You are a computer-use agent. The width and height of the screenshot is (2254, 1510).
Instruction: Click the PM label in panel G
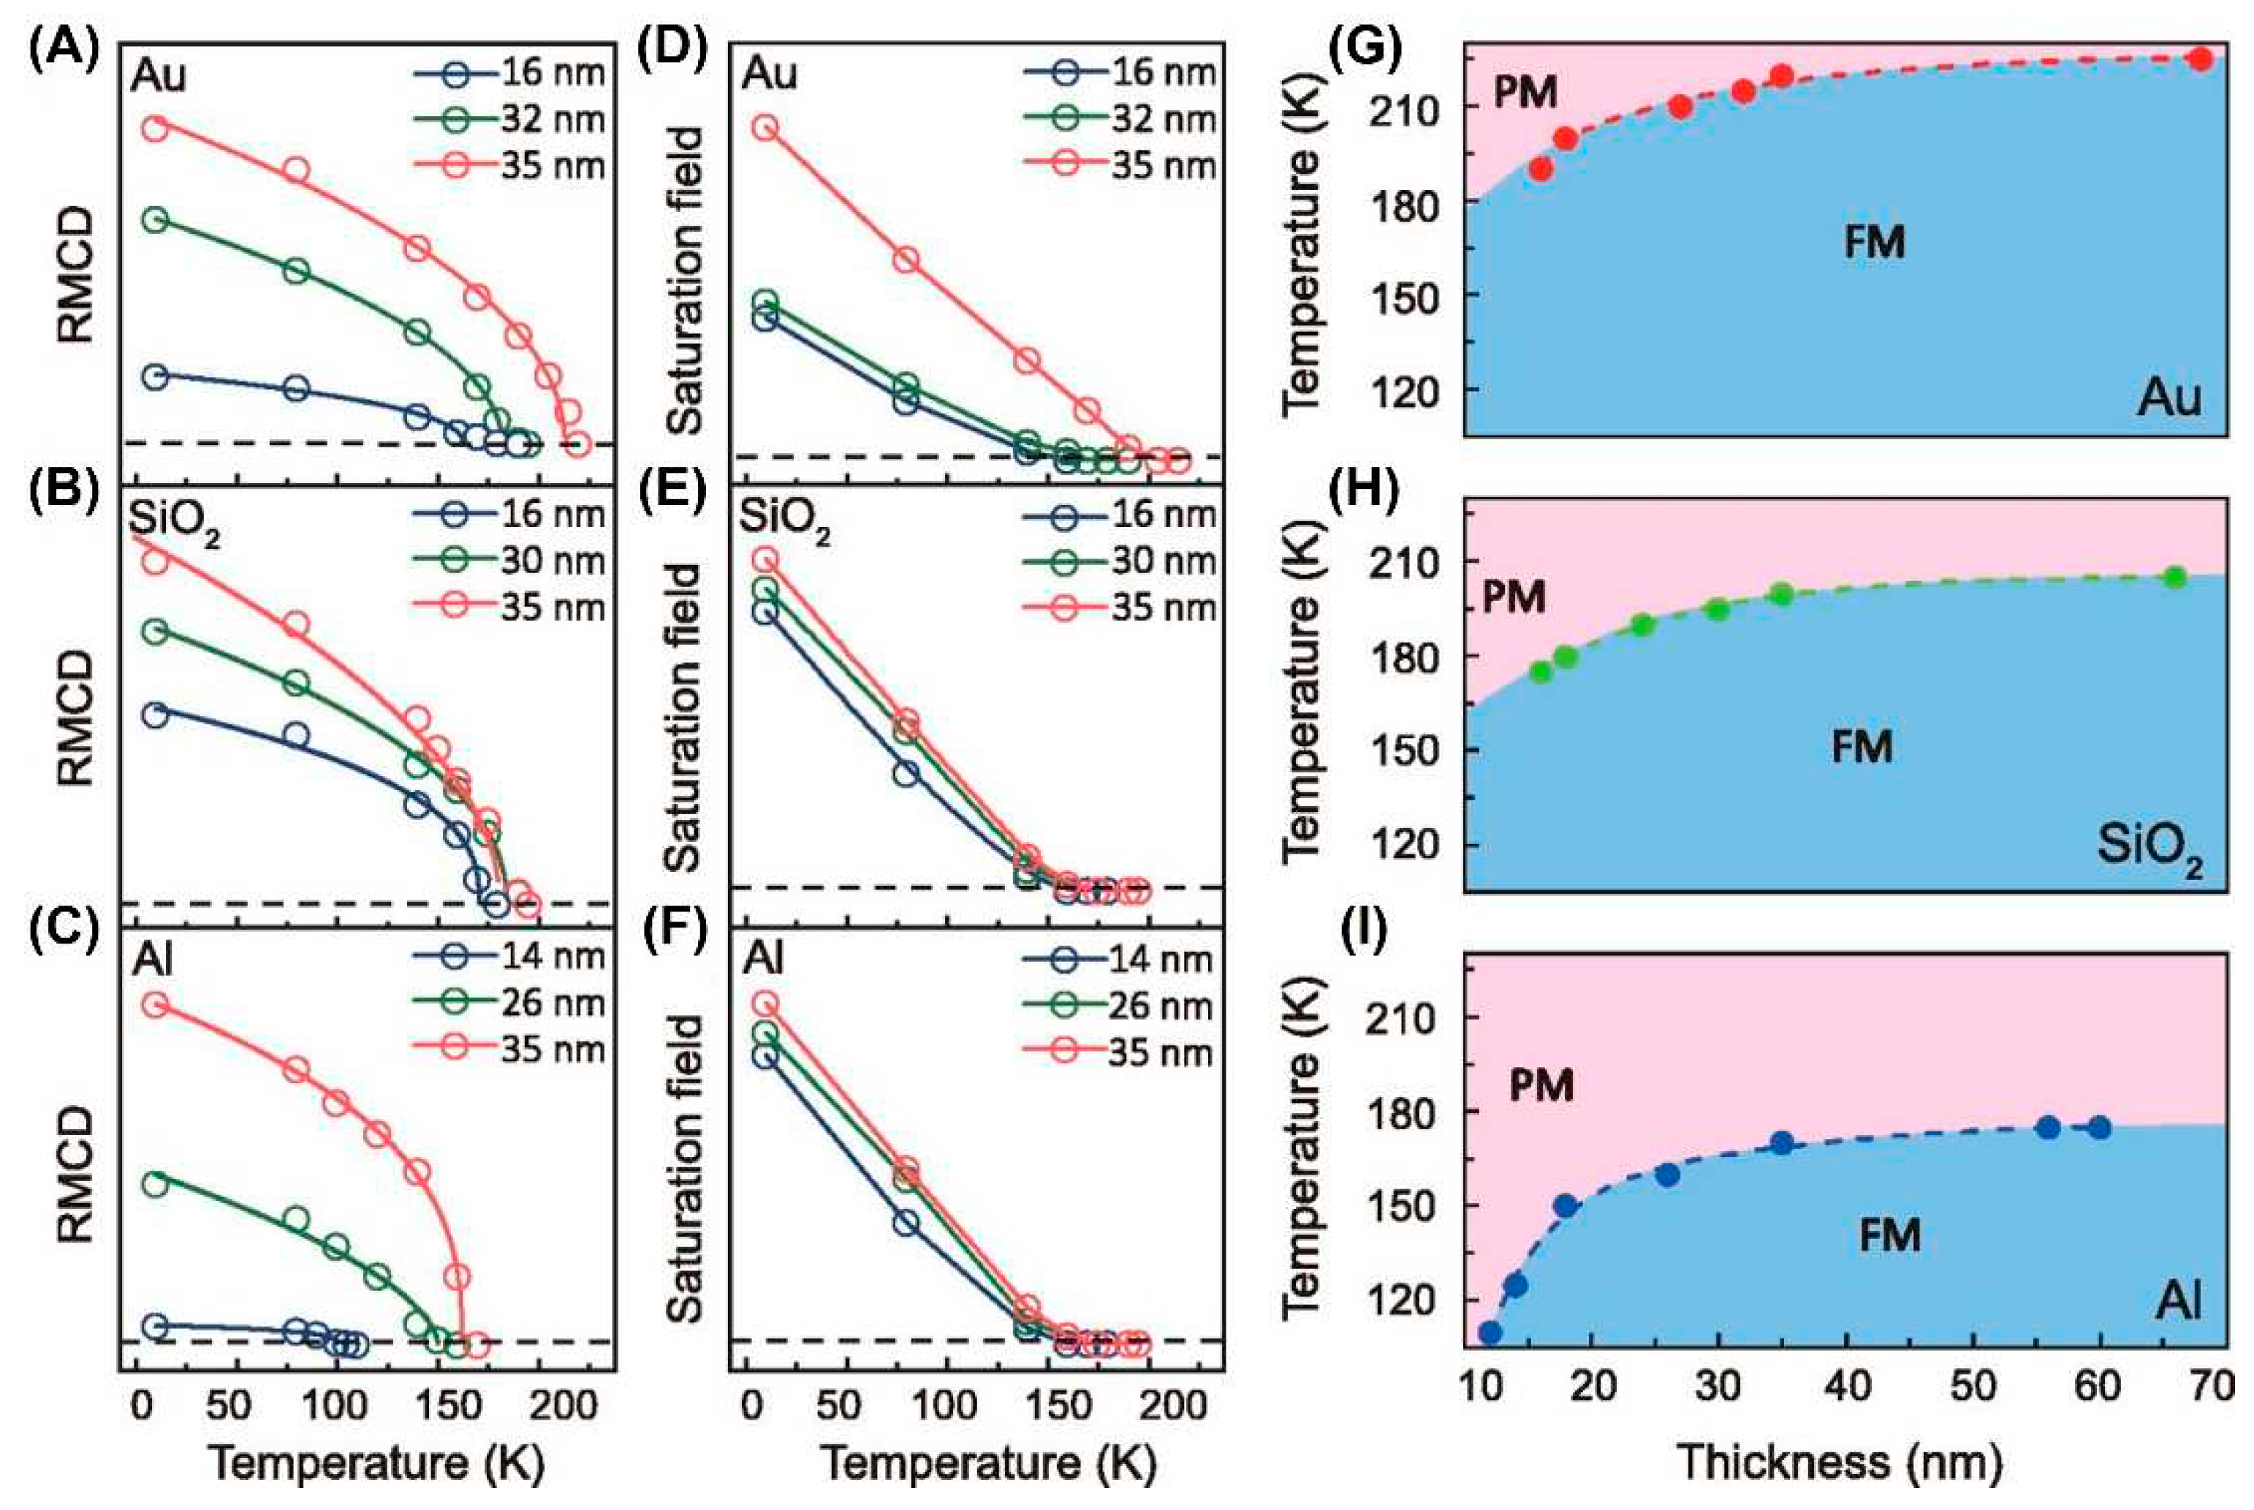click(1525, 94)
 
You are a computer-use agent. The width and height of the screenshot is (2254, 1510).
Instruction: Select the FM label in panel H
click(1862, 746)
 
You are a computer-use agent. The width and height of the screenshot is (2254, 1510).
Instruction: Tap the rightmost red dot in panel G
click(2198, 58)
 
